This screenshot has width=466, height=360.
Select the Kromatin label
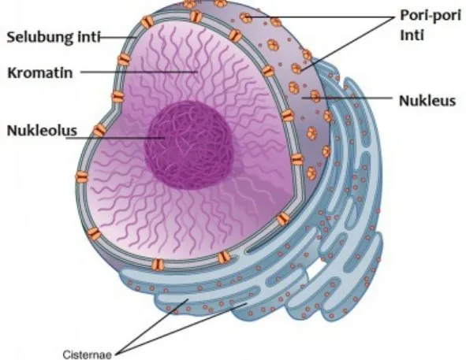pos(40,72)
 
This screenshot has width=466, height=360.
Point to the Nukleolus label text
pos(42,131)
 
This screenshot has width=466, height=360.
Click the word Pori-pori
pos(431,15)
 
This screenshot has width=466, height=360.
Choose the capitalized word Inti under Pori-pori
pos(412,35)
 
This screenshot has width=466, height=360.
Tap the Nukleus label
pos(427,101)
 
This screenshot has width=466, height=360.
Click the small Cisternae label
pos(88,354)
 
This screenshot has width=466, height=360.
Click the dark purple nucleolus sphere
pos(188,145)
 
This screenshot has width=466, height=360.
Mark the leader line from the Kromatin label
pos(139,72)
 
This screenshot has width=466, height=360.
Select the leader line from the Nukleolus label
pos(115,138)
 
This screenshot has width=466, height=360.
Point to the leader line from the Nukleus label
pos(347,98)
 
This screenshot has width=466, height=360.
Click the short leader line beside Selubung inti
pos(118,38)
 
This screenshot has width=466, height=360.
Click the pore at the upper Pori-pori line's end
pos(246,17)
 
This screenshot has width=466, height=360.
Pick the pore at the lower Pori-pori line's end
pos(296,69)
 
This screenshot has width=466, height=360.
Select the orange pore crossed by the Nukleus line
pos(315,96)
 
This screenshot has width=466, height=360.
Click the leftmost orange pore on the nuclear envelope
pos(82,177)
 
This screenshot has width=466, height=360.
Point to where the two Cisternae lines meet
pos(116,354)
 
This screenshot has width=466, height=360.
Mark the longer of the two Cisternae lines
pos(181,328)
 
